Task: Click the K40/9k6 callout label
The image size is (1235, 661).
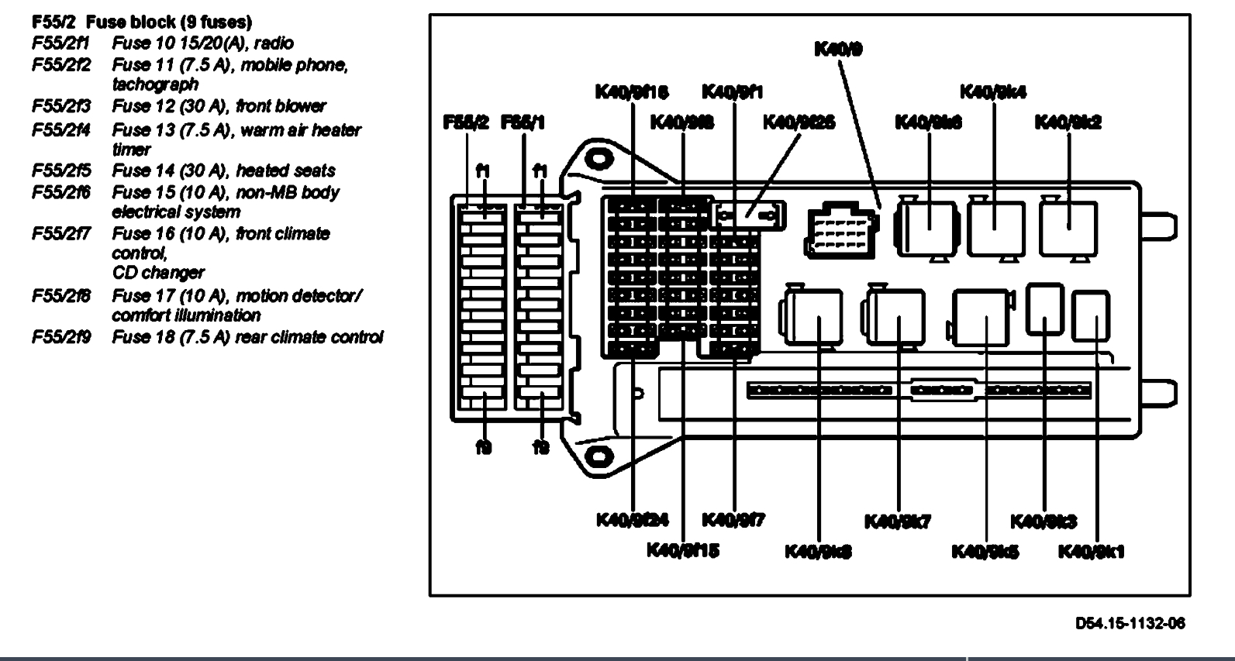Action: (928, 122)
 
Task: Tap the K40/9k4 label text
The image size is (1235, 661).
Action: (993, 91)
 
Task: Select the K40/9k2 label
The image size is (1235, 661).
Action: (1068, 122)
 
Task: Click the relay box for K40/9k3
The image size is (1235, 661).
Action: (1044, 308)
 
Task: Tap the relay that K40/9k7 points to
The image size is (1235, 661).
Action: (897, 318)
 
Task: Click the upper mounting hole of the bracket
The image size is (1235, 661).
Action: (597, 159)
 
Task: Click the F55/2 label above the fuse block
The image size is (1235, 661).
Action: (466, 122)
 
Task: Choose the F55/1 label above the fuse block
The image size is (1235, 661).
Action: (523, 122)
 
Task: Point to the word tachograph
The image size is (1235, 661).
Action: (155, 84)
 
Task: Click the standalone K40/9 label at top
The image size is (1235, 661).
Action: (838, 50)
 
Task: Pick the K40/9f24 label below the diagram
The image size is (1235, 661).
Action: (633, 519)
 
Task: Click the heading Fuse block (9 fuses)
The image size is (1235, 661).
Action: (169, 22)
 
